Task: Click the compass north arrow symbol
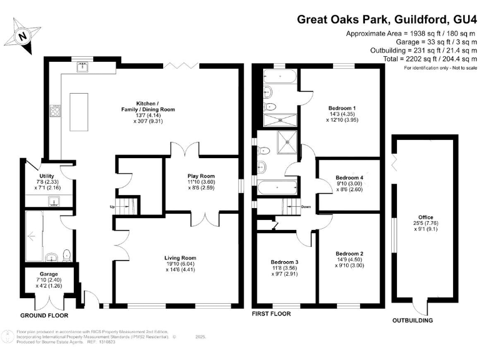[x=23, y=35]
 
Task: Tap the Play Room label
[x=201, y=176]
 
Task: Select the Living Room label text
[x=180, y=258]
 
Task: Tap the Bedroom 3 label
[x=284, y=262]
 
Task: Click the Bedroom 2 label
[x=349, y=254]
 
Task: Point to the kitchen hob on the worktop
[x=56, y=112]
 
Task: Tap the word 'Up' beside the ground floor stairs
[x=112, y=207]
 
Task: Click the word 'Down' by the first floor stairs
[x=306, y=207]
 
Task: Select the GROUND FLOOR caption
[x=44, y=316]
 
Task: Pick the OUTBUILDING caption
[x=412, y=321]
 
